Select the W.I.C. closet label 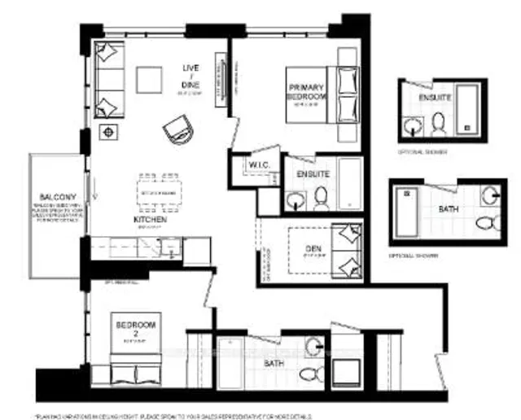(x=260, y=165)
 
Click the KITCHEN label (x=150, y=220)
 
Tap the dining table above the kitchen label (x=159, y=192)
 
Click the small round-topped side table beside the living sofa (x=107, y=132)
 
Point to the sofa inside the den (x=349, y=250)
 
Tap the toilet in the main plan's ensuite (x=321, y=196)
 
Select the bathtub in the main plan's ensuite (x=350, y=184)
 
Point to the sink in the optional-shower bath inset (x=489, y=196)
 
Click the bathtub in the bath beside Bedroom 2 (x=230, y=361)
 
